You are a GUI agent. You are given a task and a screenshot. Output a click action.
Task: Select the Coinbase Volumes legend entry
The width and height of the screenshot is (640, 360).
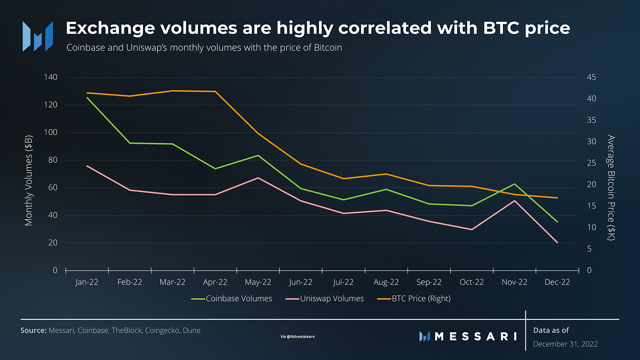coord(232,299)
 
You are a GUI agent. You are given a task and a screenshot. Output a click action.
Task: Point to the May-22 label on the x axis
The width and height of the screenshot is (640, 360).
coord(258,282)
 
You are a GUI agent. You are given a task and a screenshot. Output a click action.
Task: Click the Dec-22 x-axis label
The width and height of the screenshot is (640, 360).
coord(557,282)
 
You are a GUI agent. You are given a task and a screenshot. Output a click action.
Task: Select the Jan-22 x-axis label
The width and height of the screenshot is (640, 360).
coord(86,282)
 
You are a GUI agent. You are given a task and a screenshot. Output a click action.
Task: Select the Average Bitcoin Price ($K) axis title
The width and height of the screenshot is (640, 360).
coord(611,188)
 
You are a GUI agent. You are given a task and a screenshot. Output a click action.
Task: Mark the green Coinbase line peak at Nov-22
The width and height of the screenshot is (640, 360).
coord(515,184)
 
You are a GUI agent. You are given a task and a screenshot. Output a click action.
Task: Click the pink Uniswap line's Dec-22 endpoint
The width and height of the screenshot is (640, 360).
coord(557,243)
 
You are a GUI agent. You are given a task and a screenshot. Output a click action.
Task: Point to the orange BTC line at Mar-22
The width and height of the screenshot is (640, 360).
coord(172,91)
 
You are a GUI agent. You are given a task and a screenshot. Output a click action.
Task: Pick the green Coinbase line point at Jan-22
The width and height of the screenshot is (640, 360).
coord(86,98)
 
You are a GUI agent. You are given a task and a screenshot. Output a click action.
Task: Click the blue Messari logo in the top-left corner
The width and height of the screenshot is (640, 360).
coord(37,36)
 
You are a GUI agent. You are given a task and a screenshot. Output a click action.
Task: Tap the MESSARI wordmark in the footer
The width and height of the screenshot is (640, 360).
coord(468,336)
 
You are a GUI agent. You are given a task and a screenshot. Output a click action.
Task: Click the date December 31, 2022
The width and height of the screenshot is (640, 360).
coord(565,345)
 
